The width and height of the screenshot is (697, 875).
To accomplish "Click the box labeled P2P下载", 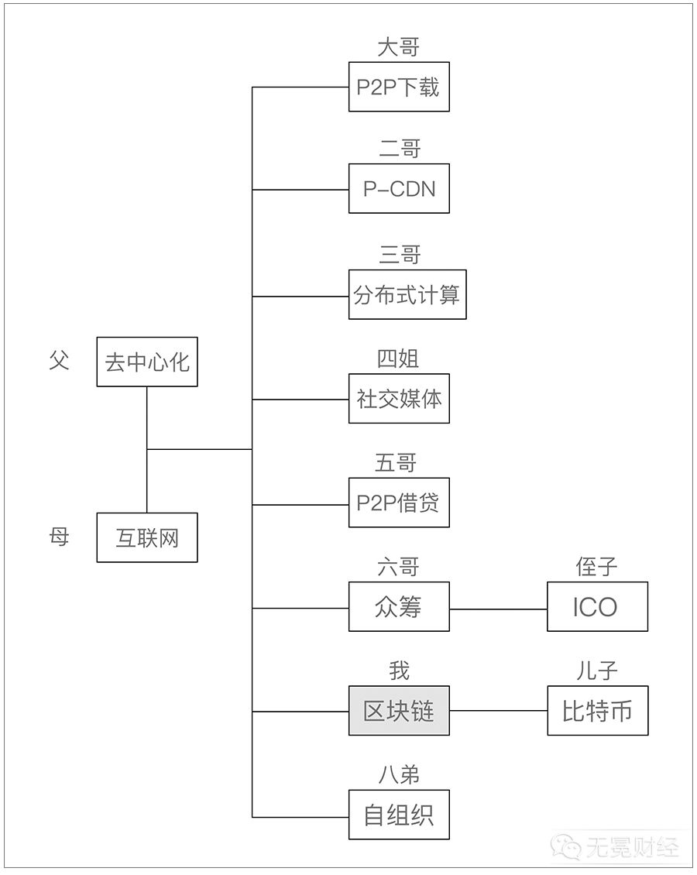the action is [399, 87].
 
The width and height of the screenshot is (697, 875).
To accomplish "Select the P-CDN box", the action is [399, 189].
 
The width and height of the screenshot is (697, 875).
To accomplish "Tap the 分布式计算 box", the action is [407, 295].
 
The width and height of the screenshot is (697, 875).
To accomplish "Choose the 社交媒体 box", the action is [399, 399].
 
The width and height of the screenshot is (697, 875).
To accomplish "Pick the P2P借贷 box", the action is [399, 503].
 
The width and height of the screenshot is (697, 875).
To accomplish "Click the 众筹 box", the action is [399, 606].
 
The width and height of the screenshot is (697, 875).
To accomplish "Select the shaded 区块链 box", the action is [399, 710].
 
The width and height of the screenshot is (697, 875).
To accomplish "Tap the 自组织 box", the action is [399, 814].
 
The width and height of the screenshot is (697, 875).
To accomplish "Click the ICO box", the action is [597, 606].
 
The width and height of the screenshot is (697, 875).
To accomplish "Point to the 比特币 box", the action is [597, 710].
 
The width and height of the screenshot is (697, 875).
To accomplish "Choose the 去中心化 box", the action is [147, 362].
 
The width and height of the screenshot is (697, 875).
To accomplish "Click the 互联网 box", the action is [147, 537].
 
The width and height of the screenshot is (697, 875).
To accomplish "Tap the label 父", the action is [59, 361].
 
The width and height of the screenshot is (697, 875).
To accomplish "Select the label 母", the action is [59, 537].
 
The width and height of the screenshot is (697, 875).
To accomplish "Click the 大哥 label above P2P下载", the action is [398, 47].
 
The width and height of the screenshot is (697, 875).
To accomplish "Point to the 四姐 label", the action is [398, 359].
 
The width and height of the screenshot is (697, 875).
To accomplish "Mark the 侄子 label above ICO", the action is [596, 566].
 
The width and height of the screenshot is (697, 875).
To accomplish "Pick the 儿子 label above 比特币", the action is [596, 671].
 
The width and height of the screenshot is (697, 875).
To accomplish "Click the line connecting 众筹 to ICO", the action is [498, 609].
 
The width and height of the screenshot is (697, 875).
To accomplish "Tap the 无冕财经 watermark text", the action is [632, 848].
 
